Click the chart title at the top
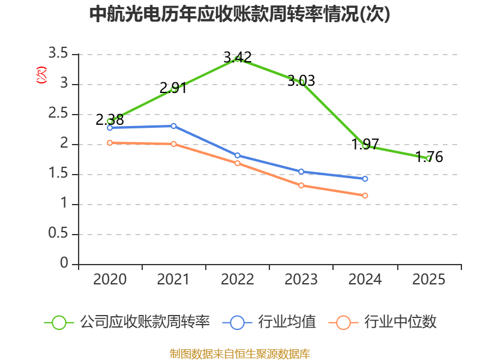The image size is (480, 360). tap(239, 14)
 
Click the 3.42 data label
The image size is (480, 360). tap(238, 57)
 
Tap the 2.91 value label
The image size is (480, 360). tap(173, 89)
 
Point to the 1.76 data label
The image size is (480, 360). tap(430, 157)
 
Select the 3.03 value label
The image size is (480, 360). tap(301, 80)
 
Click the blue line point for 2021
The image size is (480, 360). tap(173, 126)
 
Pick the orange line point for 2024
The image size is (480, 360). tap(365, 196)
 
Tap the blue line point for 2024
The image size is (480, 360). tap(365, 179)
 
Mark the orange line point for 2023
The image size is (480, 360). tap(301, 185)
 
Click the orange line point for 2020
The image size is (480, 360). tap(110, 143)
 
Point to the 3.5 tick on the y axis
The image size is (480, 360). tap(59, 54)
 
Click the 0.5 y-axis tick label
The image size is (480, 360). tap(59, 234)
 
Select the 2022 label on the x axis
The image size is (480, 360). tap(238, 280)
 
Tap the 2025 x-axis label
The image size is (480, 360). tap(429, 280)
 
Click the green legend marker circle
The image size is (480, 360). tap(59, 322)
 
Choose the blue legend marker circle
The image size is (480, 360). tap(237, 322)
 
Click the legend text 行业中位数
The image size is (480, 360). tap(400, 322)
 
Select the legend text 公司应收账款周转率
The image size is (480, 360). tap(145, 322)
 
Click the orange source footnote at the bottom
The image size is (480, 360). tap(239, 353)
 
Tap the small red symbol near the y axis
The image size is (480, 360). tap(41, 75)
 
